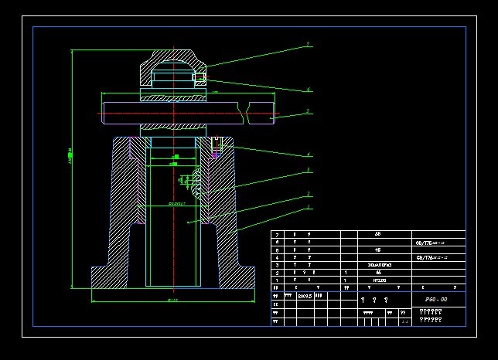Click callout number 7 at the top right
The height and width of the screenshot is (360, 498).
[308, 45]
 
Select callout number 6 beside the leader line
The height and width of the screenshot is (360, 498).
[309, 90]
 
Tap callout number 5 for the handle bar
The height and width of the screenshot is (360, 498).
[309, 112]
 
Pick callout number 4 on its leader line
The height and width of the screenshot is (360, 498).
[309, 155]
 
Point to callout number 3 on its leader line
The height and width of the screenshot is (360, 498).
[309, 169]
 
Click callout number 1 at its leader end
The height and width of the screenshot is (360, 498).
[309, 207]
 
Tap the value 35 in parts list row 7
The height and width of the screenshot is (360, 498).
[377, 233]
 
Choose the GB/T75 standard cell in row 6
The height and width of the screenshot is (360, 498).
[430, 242]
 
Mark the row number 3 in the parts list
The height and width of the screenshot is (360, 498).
[276, 265]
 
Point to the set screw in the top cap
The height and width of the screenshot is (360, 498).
[200, 77]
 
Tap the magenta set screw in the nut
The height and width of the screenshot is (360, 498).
[216, 155]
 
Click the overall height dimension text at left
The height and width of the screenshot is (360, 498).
[70, 155]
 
